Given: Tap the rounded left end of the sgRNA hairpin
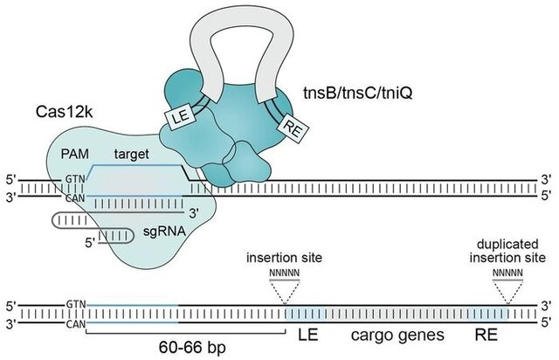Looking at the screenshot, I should click(x=55, y=219).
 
